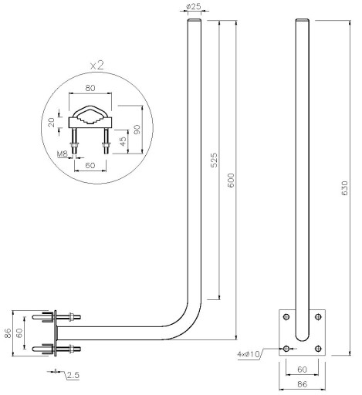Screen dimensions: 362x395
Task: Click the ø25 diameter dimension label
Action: (x=194, y=6)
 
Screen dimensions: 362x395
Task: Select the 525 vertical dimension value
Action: (x=214, y=160)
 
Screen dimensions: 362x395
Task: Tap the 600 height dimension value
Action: (x=231, y=181)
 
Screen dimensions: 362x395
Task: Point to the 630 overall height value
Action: (x=344, y=188)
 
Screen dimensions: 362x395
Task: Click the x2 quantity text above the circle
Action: (x=97, y=66)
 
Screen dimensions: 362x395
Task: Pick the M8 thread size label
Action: (x=63, y=154)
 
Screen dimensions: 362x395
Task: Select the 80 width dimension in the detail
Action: (x=90, y=88)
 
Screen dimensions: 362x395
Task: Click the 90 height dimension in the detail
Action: (x=137, y=129)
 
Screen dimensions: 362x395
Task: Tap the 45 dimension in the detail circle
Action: (x=123, y=141)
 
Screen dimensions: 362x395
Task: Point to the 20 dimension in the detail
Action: (x=52, y=122)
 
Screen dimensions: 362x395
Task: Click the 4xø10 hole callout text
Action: (x=249, y=354)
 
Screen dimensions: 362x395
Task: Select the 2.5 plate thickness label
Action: (x=73, y=375)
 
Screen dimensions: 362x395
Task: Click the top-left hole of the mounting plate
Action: (x=286, y=316)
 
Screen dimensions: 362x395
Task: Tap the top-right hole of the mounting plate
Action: (x=318, y=316)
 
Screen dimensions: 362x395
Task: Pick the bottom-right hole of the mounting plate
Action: (x=318, y=349)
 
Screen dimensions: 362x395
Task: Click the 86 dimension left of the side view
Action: (x=8, y=333)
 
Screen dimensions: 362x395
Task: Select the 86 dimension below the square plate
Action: (x=303, y=384)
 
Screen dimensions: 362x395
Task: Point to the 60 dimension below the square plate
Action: (x=302, y=370)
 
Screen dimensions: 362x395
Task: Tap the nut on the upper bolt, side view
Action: (x=72, y=317)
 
